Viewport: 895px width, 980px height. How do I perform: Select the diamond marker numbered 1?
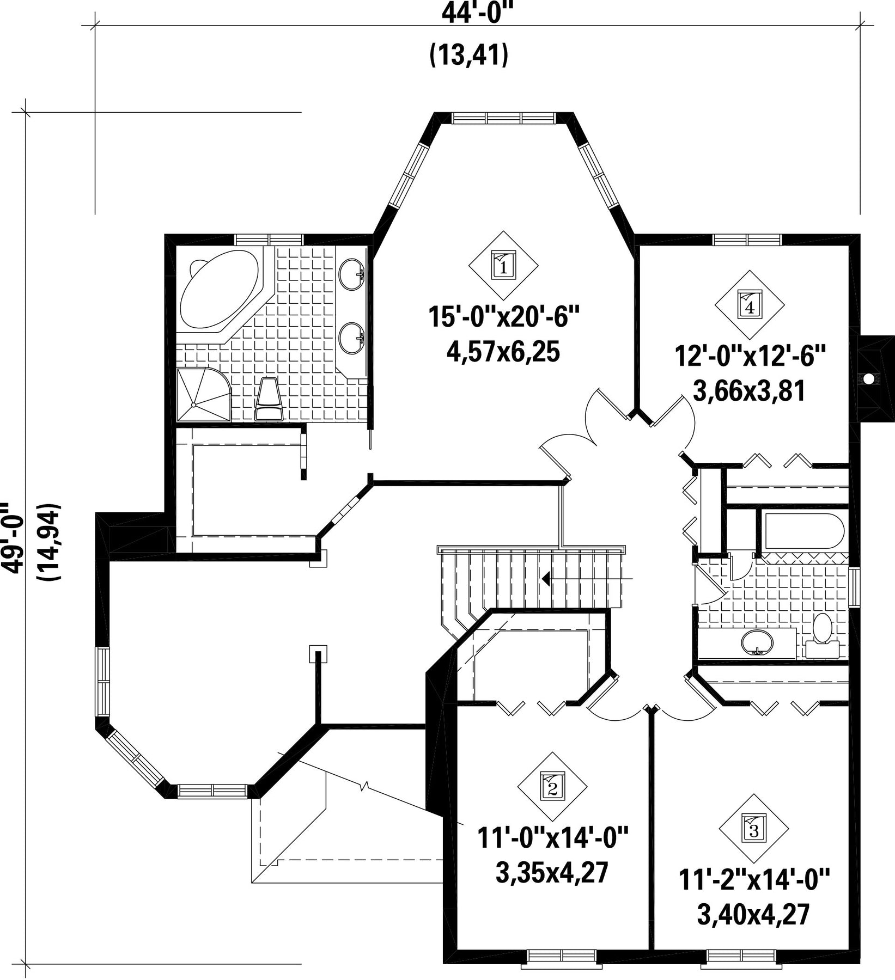click(x=503, y=266)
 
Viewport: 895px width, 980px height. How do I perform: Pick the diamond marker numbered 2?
click(x=552, y=787)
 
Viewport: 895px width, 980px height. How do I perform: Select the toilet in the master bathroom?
click(x=269, y=399)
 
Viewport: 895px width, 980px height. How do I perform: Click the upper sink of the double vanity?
click(x=351, y=274)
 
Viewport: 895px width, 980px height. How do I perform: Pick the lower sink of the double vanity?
click(x=351, y=339)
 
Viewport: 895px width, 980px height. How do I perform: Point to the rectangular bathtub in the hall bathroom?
click(x=804, y=530)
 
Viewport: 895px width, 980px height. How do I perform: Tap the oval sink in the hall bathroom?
click(x=757, y=642)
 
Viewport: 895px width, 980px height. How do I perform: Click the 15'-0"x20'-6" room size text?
click(x=503, y=317)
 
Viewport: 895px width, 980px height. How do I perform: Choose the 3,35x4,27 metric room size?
click(x=552, y=873)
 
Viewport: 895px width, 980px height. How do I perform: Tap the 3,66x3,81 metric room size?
click(x=749, y=390)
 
